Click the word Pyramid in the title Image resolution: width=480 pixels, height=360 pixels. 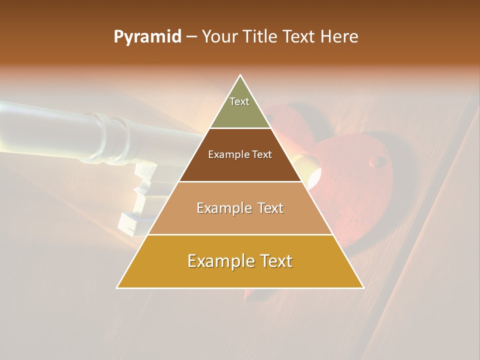pos(147,37)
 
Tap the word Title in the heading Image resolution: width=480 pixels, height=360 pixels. pos(260,37)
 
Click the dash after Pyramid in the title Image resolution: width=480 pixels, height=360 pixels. pos(191,37)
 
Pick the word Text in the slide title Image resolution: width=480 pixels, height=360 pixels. pos(299,37)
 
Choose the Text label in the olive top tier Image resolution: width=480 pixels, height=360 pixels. pos(239,101)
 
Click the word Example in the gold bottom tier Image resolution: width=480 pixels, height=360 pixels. pos(220,261)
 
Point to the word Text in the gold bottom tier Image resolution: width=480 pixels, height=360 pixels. pos(275,261)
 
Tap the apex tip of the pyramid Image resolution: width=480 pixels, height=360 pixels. pos(240,75)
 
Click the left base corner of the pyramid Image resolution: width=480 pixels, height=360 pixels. pos(117,287)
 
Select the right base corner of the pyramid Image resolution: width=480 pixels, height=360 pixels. pos(363,287)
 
